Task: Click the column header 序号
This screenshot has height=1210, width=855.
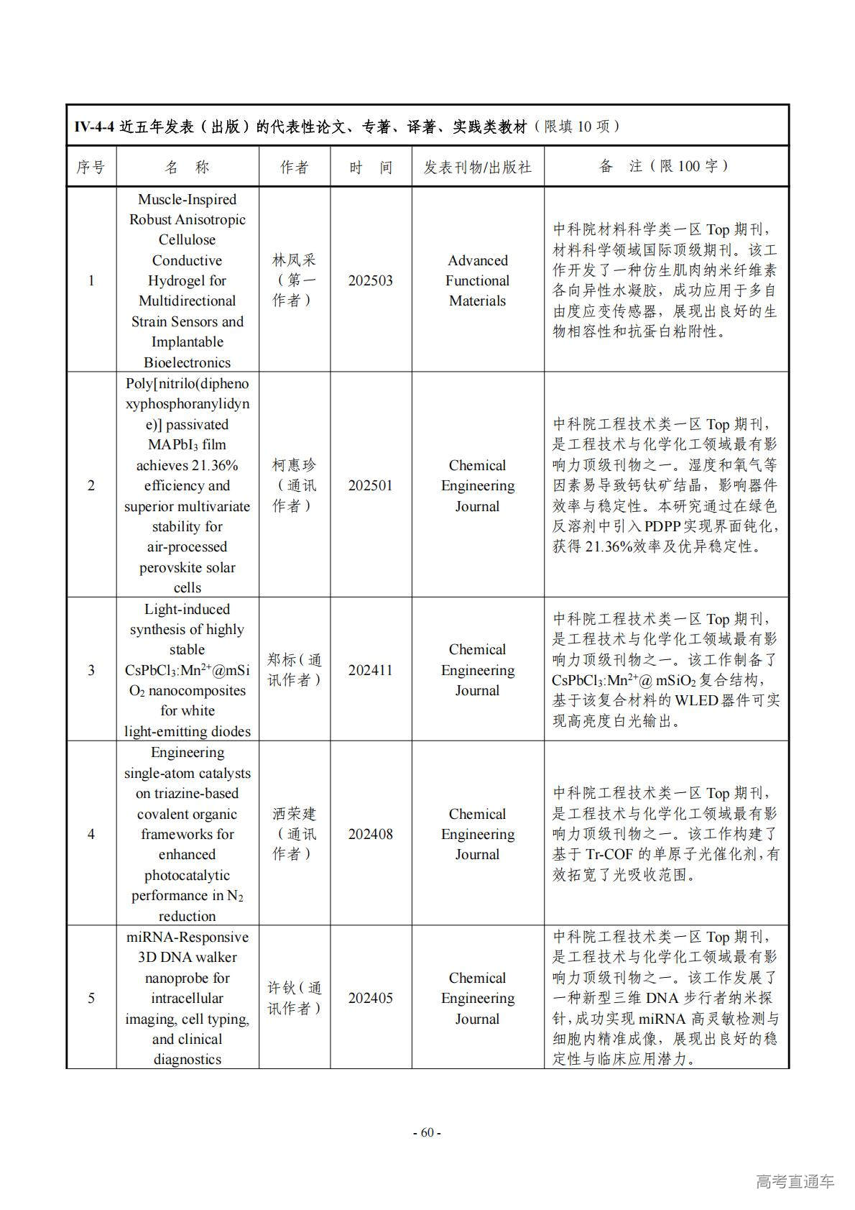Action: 91,167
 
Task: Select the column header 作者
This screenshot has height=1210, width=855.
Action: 294,167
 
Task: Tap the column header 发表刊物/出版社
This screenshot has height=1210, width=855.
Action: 477,167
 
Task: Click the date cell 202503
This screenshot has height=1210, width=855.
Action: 370,280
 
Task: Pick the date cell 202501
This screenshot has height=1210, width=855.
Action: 370,485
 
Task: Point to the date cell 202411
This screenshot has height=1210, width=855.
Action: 370,670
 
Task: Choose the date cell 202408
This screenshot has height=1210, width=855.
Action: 370,834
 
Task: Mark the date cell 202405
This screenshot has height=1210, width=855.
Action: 370,998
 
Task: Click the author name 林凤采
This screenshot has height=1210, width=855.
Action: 294,260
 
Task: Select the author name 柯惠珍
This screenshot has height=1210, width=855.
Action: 294,465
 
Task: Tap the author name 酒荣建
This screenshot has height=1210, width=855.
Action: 294,814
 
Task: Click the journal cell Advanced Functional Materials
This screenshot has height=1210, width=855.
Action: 477,280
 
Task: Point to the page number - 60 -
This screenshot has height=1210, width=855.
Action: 427,1132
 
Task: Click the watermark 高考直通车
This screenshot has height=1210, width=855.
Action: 794,1181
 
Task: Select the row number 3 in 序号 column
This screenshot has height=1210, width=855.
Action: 91,670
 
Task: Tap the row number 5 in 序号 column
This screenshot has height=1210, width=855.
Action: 91,998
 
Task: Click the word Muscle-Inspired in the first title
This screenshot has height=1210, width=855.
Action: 187,199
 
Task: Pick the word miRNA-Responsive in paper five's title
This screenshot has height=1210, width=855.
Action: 187,937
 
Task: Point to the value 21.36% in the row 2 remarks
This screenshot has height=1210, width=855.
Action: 609,546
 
